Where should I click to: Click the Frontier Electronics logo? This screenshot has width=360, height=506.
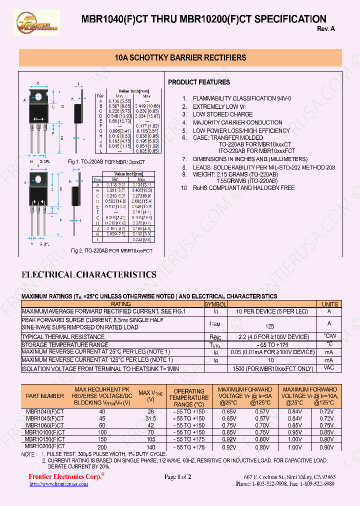pos(37,22)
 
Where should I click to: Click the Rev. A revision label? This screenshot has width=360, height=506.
pos(325,29)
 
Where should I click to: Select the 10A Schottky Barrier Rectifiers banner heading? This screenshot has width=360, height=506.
pos(180,58)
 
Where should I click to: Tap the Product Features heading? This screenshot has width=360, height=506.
pos(199,82)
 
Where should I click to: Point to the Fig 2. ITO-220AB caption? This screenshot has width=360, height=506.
pos(111,250)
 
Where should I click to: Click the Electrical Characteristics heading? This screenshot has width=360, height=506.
pos(89,274)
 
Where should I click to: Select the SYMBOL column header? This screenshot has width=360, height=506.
pos(215,304)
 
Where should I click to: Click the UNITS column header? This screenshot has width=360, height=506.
pos(329,304)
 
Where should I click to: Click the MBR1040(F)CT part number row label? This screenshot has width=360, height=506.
pos(45,411)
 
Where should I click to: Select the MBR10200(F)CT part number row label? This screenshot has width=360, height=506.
pos(45,446)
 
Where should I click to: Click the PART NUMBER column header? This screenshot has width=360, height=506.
pos(45,396)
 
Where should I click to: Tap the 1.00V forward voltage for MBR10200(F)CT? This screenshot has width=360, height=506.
pos(295,447)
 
